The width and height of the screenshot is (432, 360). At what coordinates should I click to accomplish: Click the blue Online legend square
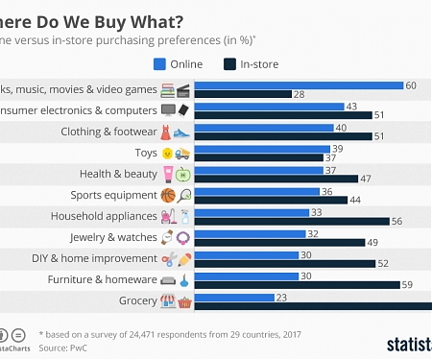161,64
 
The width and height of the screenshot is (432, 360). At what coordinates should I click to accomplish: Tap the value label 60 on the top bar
410,85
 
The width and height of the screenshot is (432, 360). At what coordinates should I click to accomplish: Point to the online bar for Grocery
234,297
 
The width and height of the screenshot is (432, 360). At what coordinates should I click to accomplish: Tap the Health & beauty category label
121,174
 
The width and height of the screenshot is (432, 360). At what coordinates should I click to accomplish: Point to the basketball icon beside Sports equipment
168,195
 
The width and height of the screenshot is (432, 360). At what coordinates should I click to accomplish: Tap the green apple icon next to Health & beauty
183,174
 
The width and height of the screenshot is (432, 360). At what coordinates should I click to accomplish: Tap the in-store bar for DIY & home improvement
288,263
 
